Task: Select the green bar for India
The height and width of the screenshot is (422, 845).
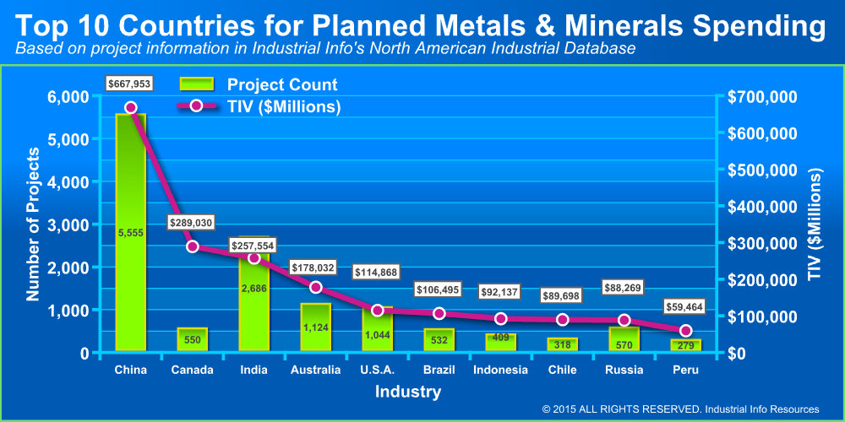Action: (253, 295)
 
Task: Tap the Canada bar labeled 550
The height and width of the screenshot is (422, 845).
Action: (192, 340)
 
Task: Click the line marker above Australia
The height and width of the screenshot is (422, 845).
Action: (316, 288)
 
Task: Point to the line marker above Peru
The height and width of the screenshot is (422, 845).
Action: (686, 331)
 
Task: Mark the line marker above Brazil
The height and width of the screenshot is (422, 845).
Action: (439, 314)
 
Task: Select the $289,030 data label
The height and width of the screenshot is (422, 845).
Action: (192, 223)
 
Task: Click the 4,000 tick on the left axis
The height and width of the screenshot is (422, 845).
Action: (70, 182)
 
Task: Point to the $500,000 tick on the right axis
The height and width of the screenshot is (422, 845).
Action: (761, 170)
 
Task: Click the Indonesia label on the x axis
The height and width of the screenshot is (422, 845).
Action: (501, 370)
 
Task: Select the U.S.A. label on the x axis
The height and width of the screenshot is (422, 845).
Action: (378, 370)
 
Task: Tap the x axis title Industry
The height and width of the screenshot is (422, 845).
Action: (408, 392)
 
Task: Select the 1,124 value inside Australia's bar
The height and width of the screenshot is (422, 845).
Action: (316, 327)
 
